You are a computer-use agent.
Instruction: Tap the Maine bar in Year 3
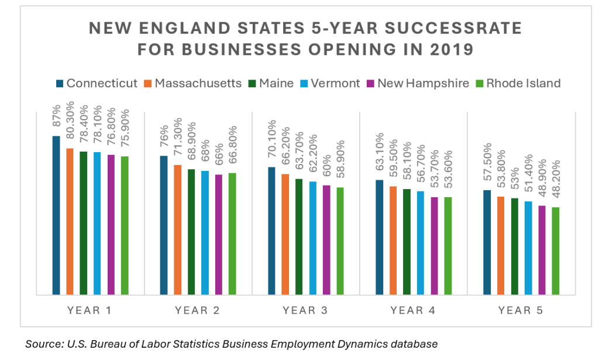coord(299,236)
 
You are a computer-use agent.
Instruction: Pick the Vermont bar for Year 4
coord(421,243)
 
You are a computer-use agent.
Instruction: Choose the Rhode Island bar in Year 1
coord(125,225)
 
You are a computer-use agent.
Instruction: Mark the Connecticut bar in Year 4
coord(380,237)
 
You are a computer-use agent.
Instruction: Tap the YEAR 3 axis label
coord(305,310)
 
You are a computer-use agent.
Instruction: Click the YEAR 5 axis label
coord(521,310)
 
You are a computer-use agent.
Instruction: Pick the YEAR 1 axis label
coord(89,310)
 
